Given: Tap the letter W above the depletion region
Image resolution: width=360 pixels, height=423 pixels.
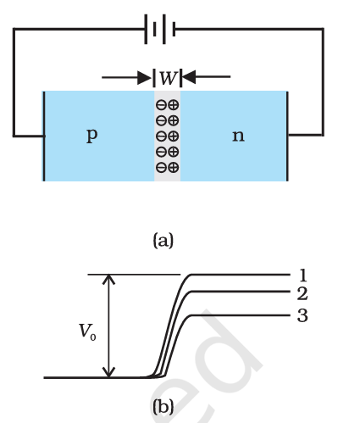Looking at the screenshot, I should (167, 78).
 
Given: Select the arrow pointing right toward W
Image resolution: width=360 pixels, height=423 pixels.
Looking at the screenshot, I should (127, 78).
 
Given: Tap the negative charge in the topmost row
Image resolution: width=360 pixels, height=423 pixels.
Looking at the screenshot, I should (161, 104).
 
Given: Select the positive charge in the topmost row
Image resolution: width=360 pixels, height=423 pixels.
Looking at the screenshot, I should (173, 104).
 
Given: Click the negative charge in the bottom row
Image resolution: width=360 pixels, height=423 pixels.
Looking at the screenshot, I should (161, 167).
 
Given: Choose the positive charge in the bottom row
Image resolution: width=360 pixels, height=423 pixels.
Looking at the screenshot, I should (173, 167).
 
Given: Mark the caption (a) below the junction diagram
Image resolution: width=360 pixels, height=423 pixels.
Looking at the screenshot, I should (163, 241).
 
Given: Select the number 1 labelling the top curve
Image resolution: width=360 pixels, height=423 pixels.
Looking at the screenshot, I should (302, 275).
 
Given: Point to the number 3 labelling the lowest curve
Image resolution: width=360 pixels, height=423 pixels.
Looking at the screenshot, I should (302, 315).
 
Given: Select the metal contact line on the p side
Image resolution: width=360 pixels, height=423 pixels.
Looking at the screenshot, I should (43, 136).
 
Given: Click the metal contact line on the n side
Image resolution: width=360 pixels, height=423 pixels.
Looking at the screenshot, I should (287, 136).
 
